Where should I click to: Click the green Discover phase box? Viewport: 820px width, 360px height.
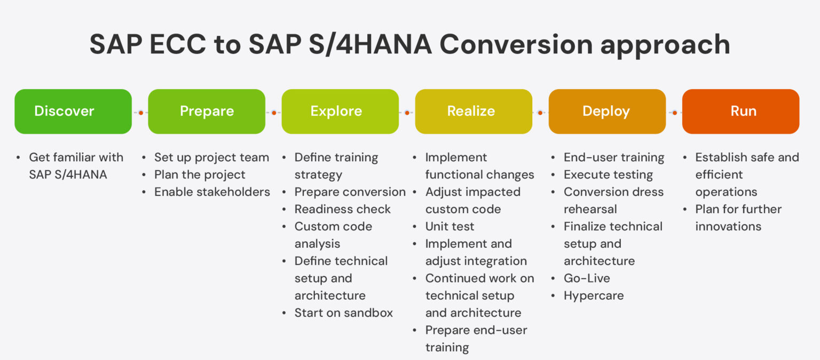[73, 111]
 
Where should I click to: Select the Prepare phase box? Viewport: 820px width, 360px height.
[207, 111]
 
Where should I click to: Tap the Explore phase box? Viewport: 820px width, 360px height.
[340, 111]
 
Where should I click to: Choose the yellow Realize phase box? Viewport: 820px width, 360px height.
[474, 111]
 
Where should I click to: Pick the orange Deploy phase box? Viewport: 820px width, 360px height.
[607, 111]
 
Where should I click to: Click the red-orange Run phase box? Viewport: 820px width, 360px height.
[740, 111]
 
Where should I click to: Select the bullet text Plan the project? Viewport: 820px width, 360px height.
[200, 175]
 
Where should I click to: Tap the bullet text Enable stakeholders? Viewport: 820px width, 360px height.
[212, 192]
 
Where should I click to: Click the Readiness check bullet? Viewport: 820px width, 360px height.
[342, 209]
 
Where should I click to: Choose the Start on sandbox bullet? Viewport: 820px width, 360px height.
[343, 313]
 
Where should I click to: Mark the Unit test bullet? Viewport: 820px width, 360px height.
[450, 226]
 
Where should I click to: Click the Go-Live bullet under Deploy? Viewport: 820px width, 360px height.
[587, 278]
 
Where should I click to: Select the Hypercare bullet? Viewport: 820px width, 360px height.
[593, 295]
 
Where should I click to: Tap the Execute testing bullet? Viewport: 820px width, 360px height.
[608, 175]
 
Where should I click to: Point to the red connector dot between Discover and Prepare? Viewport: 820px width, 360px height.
[140, 113]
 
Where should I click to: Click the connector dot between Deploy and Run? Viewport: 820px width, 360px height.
[674, 113]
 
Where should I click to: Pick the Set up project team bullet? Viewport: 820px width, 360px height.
[211, 158]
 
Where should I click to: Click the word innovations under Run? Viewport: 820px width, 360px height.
[728, 226]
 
